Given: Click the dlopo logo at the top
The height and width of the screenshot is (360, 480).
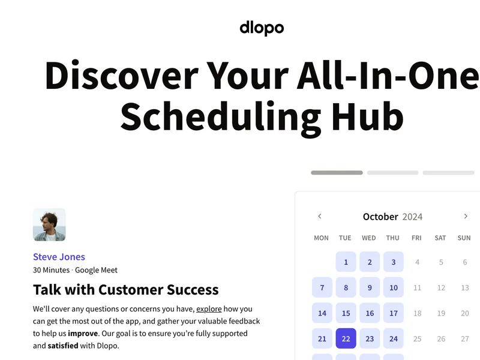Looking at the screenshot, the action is (262, 28).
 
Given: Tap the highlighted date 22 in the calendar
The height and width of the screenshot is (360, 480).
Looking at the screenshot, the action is (346, 338).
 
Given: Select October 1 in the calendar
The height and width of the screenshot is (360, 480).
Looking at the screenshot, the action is (346, 262).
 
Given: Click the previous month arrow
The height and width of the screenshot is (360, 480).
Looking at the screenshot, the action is (320, 216).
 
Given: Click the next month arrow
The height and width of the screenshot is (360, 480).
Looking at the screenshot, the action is (466, 216).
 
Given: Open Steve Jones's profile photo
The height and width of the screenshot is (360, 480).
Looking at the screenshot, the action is (49, 224).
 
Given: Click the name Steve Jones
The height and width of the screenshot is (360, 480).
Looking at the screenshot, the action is (59, 257).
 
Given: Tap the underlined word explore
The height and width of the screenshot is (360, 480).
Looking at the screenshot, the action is (209, 309).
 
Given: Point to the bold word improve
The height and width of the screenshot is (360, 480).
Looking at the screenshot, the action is (83, 334).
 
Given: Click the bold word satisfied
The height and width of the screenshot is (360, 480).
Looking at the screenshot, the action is (63, 346).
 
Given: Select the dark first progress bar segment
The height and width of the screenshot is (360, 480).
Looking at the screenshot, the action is (337, 173).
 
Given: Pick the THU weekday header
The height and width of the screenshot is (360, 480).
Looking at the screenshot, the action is (393, 238).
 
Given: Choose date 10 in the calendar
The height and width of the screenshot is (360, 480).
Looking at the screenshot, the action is (394, 287).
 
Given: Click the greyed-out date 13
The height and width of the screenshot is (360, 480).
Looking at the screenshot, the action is (465, 288).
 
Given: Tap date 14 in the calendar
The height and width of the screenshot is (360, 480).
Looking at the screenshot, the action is (322, 313).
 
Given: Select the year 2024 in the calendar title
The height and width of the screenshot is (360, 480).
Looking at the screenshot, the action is (412, 217).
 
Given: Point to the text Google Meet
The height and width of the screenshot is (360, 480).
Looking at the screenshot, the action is (96, 270).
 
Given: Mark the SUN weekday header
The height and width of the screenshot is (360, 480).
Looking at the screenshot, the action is (464, 238).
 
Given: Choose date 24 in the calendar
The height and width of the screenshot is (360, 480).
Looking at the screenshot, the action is (394, 338).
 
